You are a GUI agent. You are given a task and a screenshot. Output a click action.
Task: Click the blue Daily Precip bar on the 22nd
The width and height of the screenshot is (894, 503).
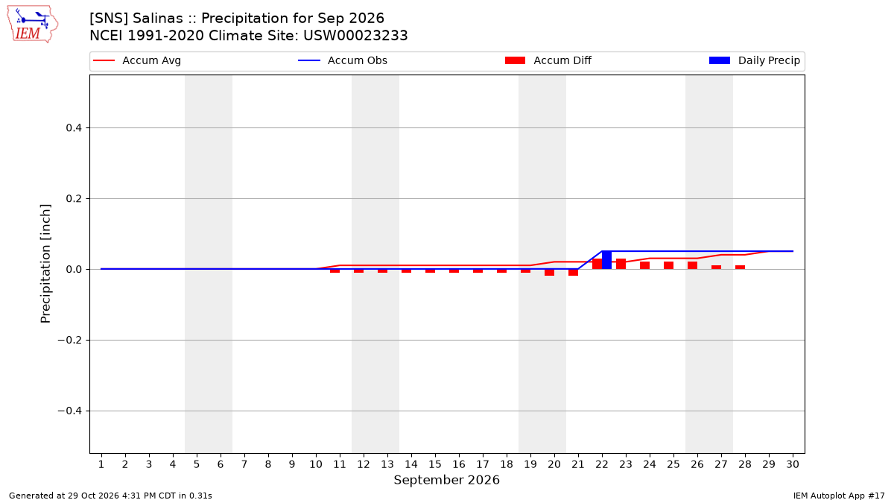606,260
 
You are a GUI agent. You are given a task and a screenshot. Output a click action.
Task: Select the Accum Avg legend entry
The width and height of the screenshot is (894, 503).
137,60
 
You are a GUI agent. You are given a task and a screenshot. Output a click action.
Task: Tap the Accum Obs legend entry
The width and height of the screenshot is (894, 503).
343,60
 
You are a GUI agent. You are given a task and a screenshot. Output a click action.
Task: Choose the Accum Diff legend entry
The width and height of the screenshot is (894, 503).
548,60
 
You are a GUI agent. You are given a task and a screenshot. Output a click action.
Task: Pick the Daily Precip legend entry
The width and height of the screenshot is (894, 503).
754,60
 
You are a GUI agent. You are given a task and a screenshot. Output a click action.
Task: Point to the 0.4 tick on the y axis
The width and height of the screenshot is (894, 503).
74,127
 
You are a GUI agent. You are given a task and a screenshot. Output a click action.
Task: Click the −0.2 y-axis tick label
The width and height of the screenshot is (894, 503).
70,340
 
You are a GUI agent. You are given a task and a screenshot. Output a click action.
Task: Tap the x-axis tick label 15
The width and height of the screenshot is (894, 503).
435,464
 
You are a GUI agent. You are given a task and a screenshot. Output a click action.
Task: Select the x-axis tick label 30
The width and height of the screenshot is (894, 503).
793,464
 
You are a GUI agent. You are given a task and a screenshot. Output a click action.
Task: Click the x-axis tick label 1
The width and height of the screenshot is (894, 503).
101,464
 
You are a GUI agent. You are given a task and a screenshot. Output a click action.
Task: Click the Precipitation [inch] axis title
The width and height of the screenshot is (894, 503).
45,264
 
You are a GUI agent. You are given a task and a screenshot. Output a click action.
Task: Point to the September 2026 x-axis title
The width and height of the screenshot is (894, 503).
446,480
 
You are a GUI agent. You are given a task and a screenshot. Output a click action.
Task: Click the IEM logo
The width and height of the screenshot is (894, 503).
33,24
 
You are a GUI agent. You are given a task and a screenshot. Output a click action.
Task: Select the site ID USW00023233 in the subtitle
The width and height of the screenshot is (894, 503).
355,36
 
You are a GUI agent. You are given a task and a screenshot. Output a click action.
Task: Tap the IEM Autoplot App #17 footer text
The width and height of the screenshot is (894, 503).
839,496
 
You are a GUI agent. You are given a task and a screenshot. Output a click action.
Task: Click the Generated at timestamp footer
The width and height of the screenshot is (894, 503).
110,496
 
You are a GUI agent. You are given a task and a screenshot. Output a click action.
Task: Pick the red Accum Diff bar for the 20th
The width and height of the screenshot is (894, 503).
549,272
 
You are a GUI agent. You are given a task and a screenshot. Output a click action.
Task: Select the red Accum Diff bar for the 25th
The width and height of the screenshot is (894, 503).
668,265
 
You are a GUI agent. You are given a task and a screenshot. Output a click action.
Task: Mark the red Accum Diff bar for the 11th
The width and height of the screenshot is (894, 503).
335,271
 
